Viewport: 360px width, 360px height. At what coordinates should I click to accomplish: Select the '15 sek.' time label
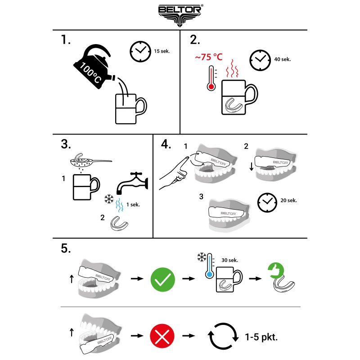[162, 51]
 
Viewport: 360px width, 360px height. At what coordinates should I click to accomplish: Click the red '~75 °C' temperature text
[209, 57]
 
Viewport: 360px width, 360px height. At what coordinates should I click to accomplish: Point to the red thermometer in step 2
[211, 78]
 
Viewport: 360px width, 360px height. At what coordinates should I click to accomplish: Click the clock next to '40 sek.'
[260, 60]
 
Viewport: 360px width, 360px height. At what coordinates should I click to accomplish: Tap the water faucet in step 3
[132, 183]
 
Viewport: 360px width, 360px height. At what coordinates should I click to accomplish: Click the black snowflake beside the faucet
[109, 199]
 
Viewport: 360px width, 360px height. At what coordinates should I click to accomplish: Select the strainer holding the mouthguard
[91, 161]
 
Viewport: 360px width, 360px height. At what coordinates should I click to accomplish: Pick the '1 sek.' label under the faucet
[133, 205]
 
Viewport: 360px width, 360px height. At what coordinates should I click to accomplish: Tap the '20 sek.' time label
[288, 200]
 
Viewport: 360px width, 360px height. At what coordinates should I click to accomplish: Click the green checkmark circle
[162, 279]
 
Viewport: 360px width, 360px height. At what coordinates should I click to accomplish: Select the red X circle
[162, 336]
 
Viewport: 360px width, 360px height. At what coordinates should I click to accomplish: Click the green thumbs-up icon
[276, 270]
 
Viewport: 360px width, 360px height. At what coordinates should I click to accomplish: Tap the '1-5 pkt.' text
[261, 337]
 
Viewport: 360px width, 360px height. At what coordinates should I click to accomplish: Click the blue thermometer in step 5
[209, 266]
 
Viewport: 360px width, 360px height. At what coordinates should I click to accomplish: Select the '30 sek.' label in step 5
[229, 260]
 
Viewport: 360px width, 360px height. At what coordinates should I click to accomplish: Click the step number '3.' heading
[66, 144]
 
